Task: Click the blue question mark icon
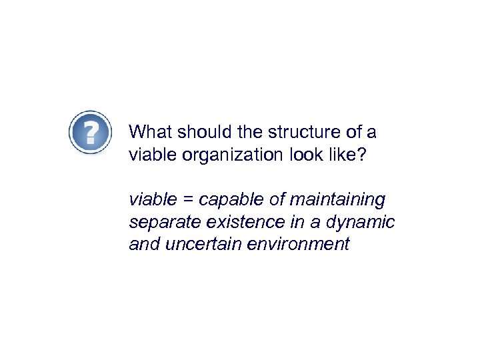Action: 91,133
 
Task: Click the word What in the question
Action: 148,131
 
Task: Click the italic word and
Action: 142,244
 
